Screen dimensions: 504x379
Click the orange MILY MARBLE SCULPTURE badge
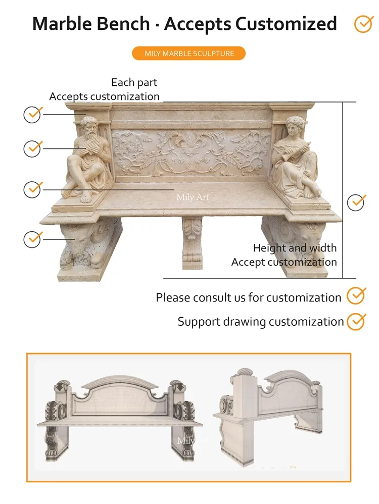tap(188, 53)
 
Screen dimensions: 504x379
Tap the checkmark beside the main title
tap(363, 24)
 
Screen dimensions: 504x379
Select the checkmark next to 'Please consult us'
tap(356, 295)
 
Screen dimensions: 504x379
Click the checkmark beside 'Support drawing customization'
tap(356, 321)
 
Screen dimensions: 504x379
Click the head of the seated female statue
tap(295, 125)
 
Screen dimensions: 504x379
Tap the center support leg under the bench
tap(192, 242)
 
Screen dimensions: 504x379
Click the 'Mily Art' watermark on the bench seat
tap(193, 197)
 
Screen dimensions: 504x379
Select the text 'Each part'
tap(134, 82)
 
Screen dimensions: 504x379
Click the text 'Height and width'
tap(295, 248)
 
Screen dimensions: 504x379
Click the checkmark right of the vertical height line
tap(357, 202)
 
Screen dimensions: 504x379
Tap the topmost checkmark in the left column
tap(32, 114)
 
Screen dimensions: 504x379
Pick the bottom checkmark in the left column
tap(32, 238)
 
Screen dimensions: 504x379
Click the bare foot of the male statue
tap(86, 197)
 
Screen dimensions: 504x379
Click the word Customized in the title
tap(286, 24)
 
